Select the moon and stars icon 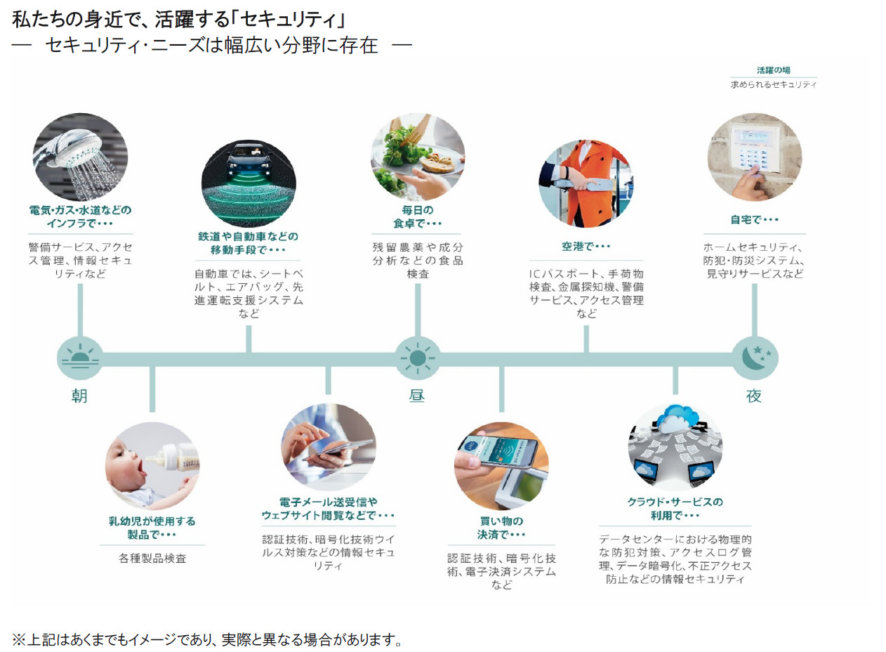tap(755, 358)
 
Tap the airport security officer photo tap(586, 183)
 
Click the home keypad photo tap(755, 158)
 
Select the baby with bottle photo tap(152, 467)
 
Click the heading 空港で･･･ tap(586, 247)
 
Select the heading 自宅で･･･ tap(755, 220)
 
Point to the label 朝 tap(79, 396)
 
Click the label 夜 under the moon tap(754, 396)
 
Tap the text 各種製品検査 tap(152, 559)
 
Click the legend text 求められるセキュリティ tap(773, 84)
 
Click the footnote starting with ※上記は tap(207, 639)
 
